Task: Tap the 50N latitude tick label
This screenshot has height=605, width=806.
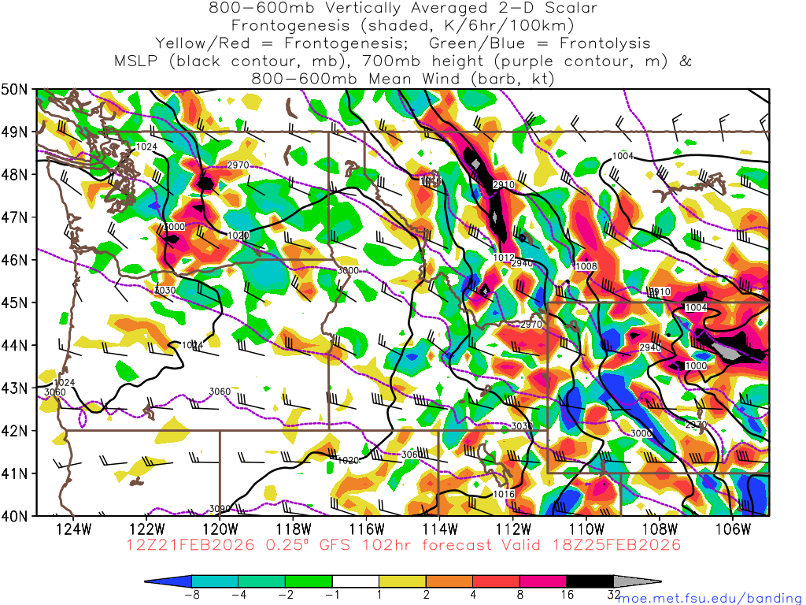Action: pos(17,89)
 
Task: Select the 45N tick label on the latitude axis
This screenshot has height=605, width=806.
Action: pos(17,302)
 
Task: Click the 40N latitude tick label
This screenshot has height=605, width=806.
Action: pos(17,516)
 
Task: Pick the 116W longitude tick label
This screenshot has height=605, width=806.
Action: pos(367,528)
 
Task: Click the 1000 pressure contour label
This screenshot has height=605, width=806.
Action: pos(696,366)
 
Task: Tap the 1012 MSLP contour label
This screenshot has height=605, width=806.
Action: pos(504,257)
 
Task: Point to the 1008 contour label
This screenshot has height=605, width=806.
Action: pos(586,266)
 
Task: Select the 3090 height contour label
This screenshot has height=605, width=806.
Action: pos(220,508)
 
